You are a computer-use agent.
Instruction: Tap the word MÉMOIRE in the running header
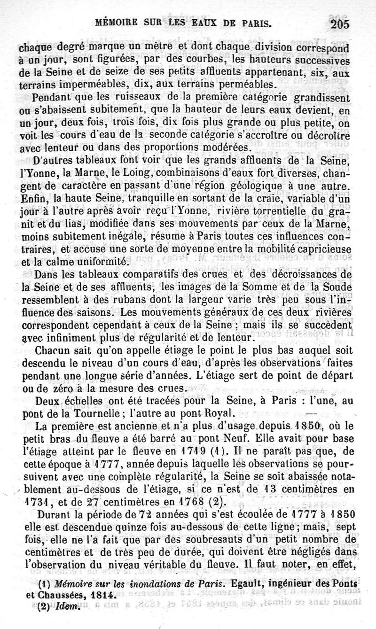click(115, 22)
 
